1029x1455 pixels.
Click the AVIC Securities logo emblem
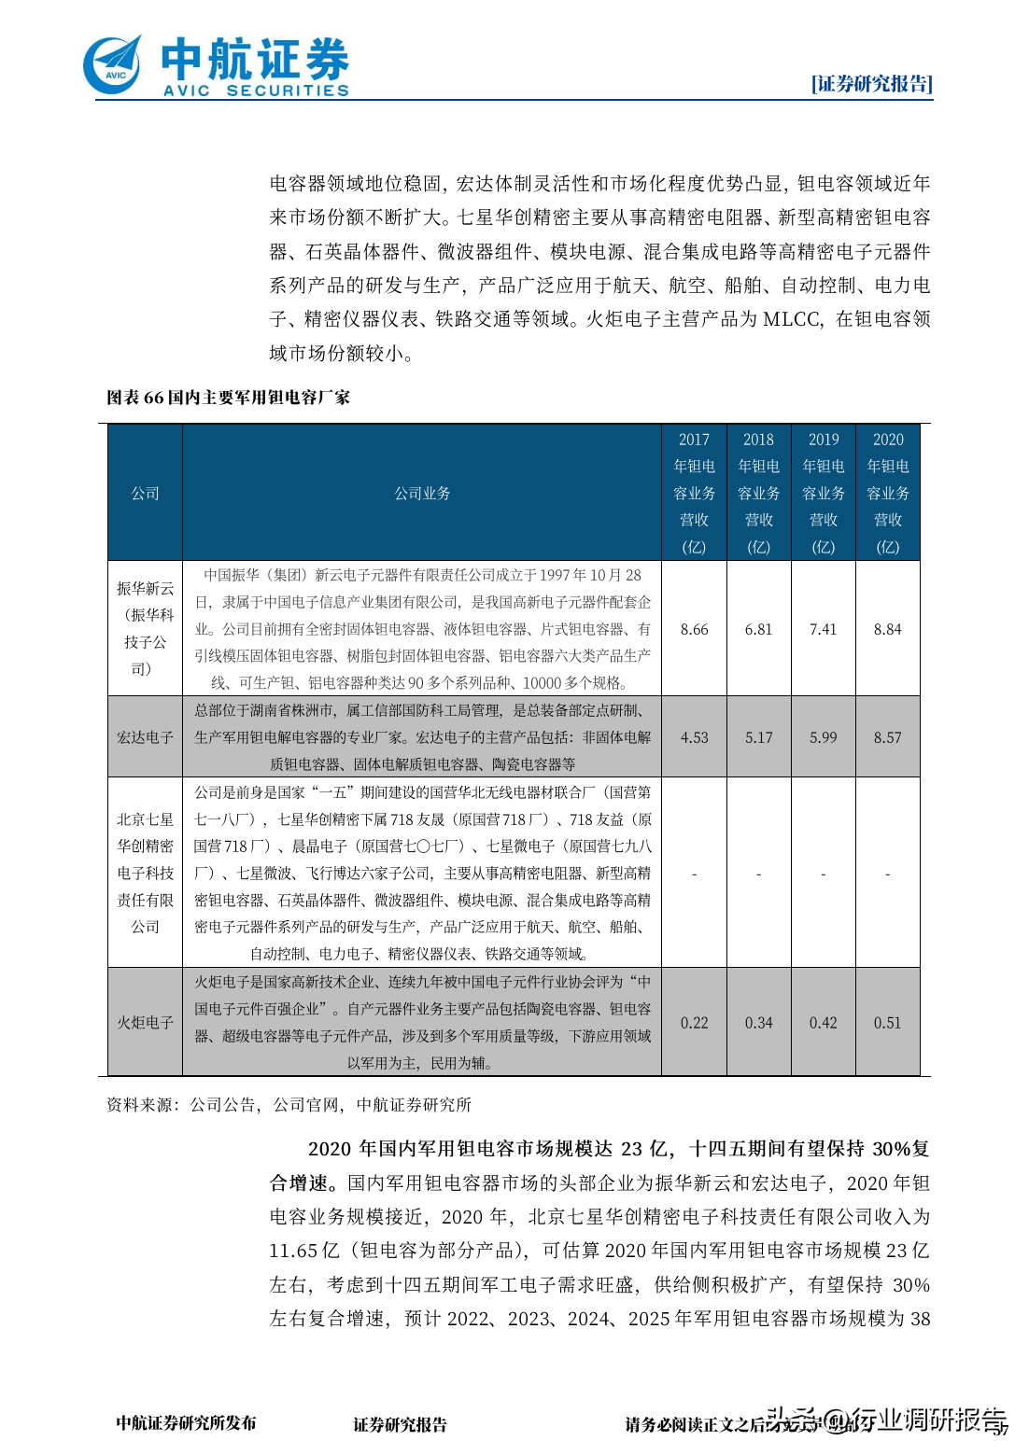coord(113,65)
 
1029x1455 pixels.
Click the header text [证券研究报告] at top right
coord(871,84)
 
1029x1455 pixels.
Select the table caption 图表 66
coord(228,398)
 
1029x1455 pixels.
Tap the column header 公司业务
coord(422,493)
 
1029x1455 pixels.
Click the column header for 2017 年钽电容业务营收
coord(694,493)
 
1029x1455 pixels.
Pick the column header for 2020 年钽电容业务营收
coord(887,493)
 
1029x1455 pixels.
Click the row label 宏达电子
coord(145,737)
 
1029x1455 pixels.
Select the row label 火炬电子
coord(145,1022)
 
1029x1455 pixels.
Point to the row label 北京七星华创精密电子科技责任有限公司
coord(145,873)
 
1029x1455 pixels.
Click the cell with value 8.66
coord(694,629)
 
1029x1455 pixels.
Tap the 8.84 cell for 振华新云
coord(887,629)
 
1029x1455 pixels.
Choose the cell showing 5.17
coord(758,737)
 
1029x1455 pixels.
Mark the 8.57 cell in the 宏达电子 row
coord(887,737)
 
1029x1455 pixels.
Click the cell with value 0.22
coord(694,1023)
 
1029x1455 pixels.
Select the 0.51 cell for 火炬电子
coord(887,1023)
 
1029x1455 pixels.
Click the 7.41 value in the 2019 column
coord(823,629)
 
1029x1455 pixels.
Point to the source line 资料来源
coord(289,1105)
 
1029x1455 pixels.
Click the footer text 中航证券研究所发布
coord(186,1423)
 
